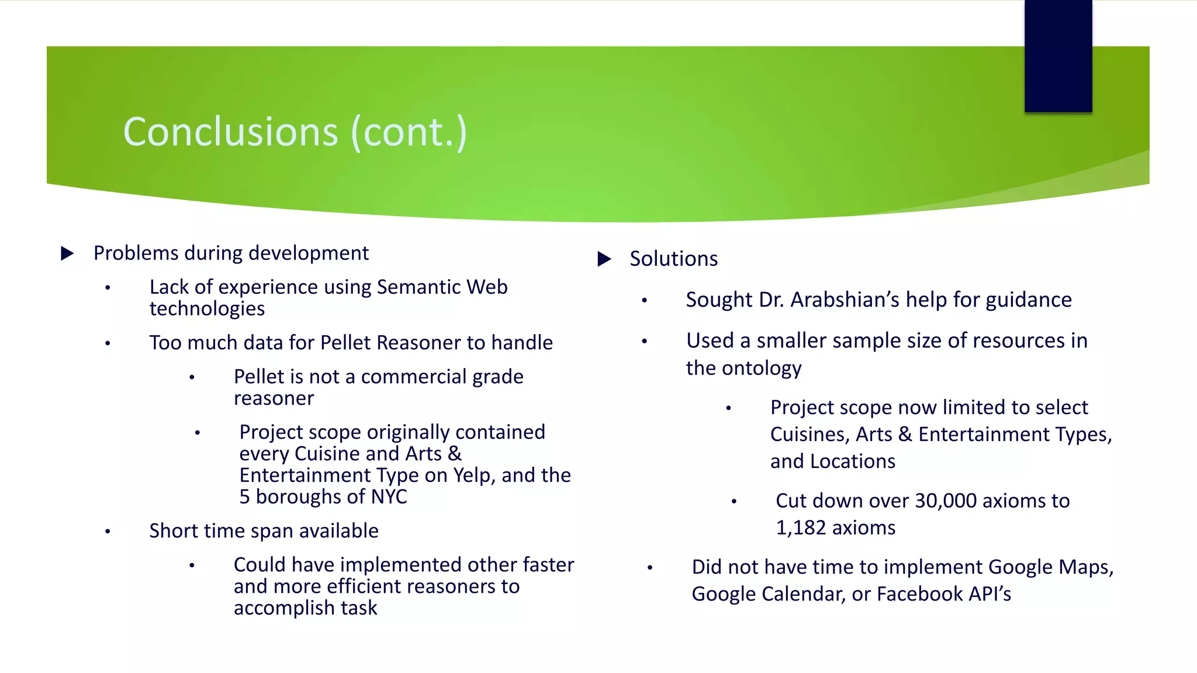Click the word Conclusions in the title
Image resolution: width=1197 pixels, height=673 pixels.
pos(231,132)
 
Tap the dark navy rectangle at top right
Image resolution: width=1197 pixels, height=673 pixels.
pos(1058,56)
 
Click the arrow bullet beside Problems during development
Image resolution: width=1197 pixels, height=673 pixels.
pos(68,254)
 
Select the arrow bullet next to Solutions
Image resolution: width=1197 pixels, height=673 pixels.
pos(604,259)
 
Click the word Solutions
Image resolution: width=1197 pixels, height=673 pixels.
pos(673,259)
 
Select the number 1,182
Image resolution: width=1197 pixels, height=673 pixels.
pos(800,528)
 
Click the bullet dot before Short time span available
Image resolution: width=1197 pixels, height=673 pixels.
pos(108,532)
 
